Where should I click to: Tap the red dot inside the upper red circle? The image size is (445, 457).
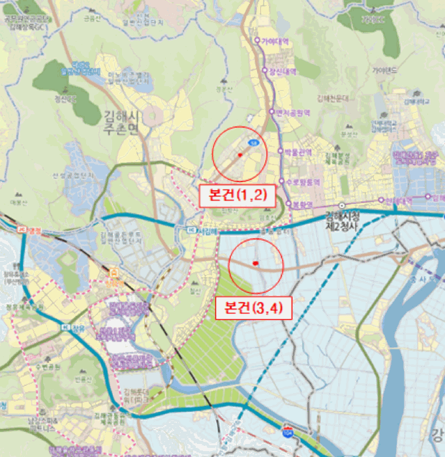tap(240, 155)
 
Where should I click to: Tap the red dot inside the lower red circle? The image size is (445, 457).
tap(256, 263)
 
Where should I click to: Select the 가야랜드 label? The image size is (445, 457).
tap(384, 69)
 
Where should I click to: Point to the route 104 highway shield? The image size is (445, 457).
tap(288, 432)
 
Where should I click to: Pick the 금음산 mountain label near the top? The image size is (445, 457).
tap(89, 18)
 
